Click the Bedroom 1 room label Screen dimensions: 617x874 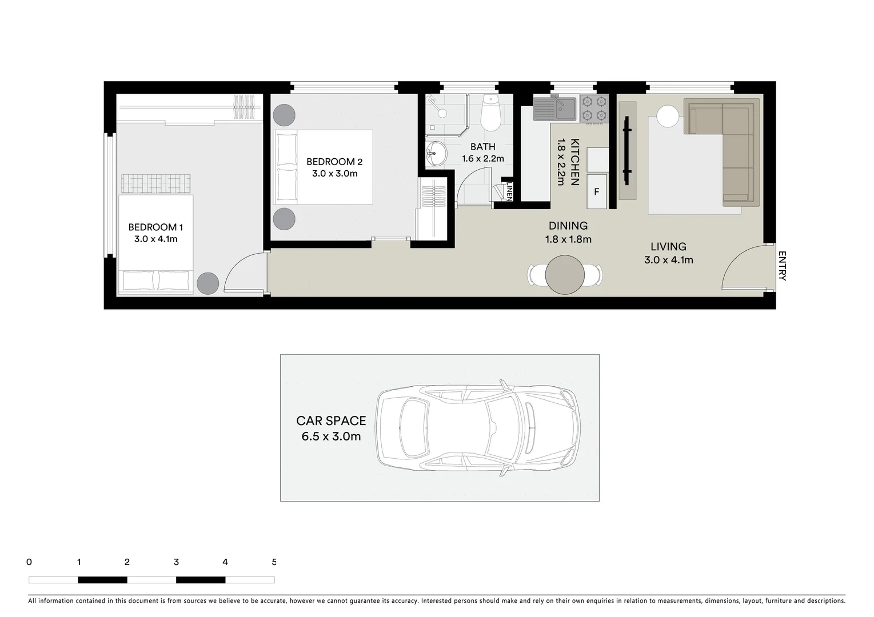[x=155, y=227]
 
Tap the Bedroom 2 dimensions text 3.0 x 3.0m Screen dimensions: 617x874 [x=334, y=174]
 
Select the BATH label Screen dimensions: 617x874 [x=482, y=147]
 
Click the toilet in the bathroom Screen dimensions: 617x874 [x=490, y=115]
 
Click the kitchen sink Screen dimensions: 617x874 [x=555, y=109]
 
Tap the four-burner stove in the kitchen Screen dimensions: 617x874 [x=594, y=109]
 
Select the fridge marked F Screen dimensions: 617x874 [x=596, y=192]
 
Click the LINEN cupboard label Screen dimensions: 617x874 [x=509, y=191]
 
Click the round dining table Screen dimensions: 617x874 [x=565, y=275]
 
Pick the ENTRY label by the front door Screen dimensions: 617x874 [x=782, y=266]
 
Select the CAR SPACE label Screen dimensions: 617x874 [x=331, y=421]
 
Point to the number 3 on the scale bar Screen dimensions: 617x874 [x=176, y=562]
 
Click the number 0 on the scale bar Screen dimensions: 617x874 [x=29, y=562]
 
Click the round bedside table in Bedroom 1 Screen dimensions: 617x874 [x=207, y=283]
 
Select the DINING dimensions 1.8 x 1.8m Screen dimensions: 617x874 [x=568, y=239]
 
